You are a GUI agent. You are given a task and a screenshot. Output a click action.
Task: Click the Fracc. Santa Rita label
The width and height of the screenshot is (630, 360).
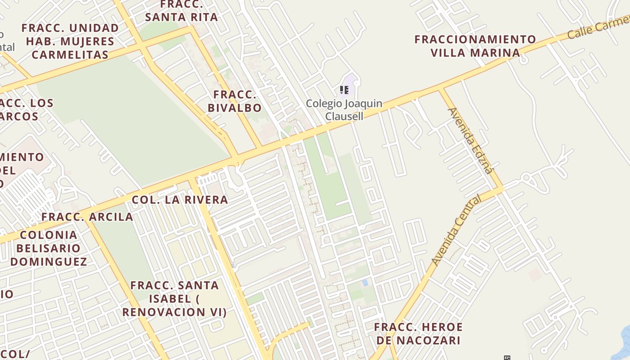click(x=182, y=11)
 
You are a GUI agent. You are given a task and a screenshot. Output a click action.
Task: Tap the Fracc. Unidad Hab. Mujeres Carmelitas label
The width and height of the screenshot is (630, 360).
click(x=70, y=41)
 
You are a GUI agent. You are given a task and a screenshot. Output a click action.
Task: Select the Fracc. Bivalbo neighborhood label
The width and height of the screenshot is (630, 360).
click(x=234, y=101)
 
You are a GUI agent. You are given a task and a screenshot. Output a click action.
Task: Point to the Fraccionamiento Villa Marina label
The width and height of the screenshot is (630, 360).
click(x=475, y=46)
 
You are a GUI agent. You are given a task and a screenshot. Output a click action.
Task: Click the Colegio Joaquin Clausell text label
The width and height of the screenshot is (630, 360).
click(x=344, y=110)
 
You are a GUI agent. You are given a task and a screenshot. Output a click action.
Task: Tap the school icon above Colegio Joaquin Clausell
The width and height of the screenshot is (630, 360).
click(x=344, y=90)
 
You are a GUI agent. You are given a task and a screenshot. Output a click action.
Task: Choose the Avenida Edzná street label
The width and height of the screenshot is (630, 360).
click(x=471, y=140)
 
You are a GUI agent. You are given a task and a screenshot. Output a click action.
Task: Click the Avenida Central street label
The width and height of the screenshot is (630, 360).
click(x=456, y=230)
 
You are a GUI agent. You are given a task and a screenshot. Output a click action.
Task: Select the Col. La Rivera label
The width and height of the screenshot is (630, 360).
click(x=180, y=200)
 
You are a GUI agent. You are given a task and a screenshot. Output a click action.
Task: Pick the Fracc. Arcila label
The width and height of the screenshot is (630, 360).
click(x=87, y=217)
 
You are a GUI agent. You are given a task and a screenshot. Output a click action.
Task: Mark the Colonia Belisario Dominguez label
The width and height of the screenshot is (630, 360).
click(x=49, y=248)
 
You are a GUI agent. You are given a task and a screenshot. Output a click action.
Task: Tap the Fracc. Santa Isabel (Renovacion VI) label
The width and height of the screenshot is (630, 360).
click(x=175, y=298)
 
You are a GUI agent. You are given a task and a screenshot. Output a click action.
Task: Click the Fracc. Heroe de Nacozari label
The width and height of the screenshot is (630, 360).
click(x=418, y=333)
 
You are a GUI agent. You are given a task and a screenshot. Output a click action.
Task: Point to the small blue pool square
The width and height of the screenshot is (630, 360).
click(x=364, y=283)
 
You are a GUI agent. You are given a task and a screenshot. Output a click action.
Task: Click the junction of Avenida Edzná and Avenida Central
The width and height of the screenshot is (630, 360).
click(x=501, y=189)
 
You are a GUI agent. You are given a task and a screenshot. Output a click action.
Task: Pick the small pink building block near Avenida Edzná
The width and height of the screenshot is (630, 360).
click(x=535, y=274)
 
